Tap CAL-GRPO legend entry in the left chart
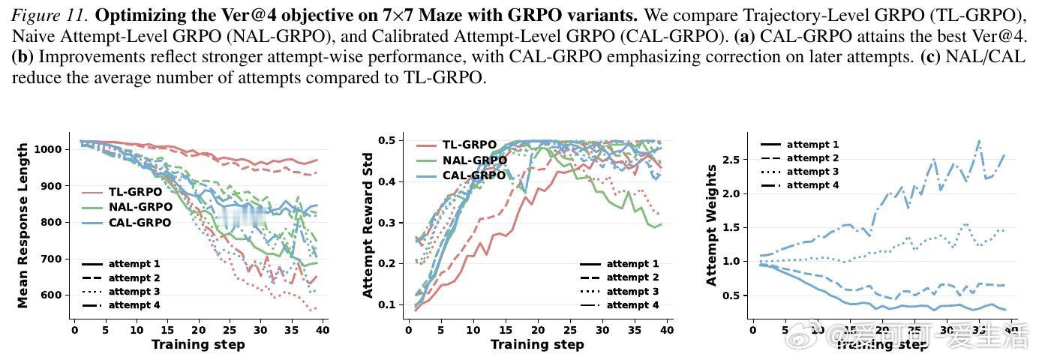coord(139,222)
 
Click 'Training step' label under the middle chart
coord(537,344)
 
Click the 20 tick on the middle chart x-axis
coord(538,328)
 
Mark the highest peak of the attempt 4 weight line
coord(978,140)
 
